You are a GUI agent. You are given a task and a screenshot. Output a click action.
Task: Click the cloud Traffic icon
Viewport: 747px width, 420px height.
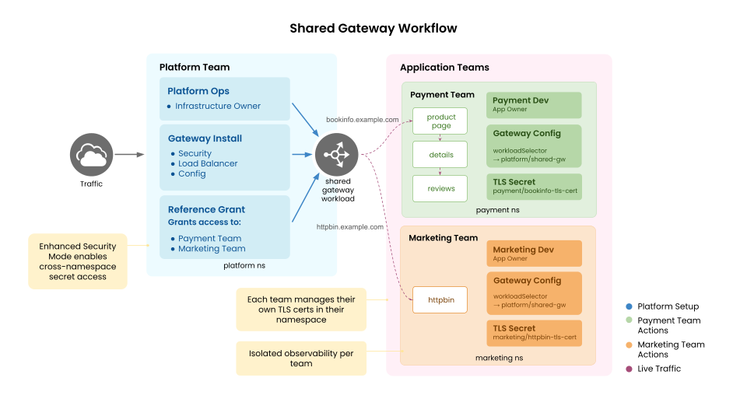pos(92,155)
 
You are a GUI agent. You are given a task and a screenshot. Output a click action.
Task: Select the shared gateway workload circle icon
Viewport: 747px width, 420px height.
pos(336,155)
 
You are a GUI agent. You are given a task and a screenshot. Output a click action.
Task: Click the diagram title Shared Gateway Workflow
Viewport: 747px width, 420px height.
pos(373,29)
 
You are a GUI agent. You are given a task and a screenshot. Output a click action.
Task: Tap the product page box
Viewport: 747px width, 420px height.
pos(440,121)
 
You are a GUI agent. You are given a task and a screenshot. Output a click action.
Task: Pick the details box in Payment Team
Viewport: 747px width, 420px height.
pos(440,155)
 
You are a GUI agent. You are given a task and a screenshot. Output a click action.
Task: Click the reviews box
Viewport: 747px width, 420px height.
pos(440,188)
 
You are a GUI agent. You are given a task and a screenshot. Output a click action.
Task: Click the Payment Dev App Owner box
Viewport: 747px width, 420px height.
pos(534,105)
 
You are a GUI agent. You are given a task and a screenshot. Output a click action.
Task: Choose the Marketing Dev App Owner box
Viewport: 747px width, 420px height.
pos(534,254)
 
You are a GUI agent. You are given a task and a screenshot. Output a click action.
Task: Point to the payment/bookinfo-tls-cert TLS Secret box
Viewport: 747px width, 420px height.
pos(534,186)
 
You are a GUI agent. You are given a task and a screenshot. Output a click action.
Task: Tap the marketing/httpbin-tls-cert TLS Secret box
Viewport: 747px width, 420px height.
pos(534,333)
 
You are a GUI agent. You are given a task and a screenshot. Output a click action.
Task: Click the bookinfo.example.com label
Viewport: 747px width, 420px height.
pos(363,121)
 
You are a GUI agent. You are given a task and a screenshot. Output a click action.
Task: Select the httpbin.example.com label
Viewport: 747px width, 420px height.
pos(349,227)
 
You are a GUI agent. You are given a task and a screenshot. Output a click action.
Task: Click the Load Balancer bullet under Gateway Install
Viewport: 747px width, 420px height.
pos(208,163)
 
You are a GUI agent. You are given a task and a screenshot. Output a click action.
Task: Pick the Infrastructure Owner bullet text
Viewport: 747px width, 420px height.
pos(218,106)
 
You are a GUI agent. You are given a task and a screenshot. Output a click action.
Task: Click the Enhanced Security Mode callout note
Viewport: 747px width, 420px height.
pos(78,261)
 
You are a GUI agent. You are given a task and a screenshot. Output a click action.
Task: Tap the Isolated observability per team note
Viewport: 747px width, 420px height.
pos(301,359)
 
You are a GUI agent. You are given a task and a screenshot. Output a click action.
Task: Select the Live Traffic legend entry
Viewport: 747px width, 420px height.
pos(658,369)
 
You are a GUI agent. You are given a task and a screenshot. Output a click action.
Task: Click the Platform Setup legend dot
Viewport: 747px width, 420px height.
pos(629,306)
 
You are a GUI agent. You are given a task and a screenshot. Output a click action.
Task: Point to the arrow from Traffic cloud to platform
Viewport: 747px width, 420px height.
pos(130,155)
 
